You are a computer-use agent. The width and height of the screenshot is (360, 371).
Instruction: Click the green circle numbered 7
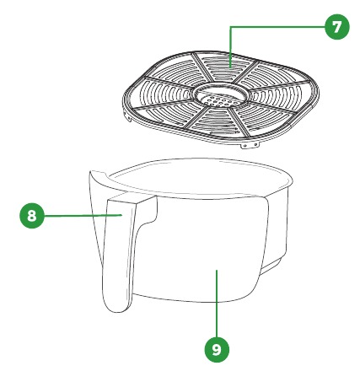(x=337, y=27)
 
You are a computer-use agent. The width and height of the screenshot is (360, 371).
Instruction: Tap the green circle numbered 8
(x=32, y=216)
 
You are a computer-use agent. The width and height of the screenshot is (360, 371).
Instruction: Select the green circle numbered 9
(x=217, y=350)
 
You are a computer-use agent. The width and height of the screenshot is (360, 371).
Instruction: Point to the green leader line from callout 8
(x=83, y=216)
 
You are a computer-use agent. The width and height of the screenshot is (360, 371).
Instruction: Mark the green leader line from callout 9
(x=217, y=304)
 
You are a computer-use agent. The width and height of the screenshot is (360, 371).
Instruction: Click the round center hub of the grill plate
(x=222, y=95)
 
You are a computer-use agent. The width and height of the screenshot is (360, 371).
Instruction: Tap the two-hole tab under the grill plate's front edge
(x=250, y=146)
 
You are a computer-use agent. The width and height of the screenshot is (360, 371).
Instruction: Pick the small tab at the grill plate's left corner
(x=129, y=117)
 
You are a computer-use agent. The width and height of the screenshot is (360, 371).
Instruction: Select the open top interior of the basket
(x=200, y=175)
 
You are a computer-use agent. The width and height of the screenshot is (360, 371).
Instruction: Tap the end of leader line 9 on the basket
(x=217, y=270)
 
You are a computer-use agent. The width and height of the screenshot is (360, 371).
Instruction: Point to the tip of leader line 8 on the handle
(x=121, y=215)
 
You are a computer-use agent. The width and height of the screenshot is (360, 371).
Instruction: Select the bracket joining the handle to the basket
(x=146, y=209)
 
